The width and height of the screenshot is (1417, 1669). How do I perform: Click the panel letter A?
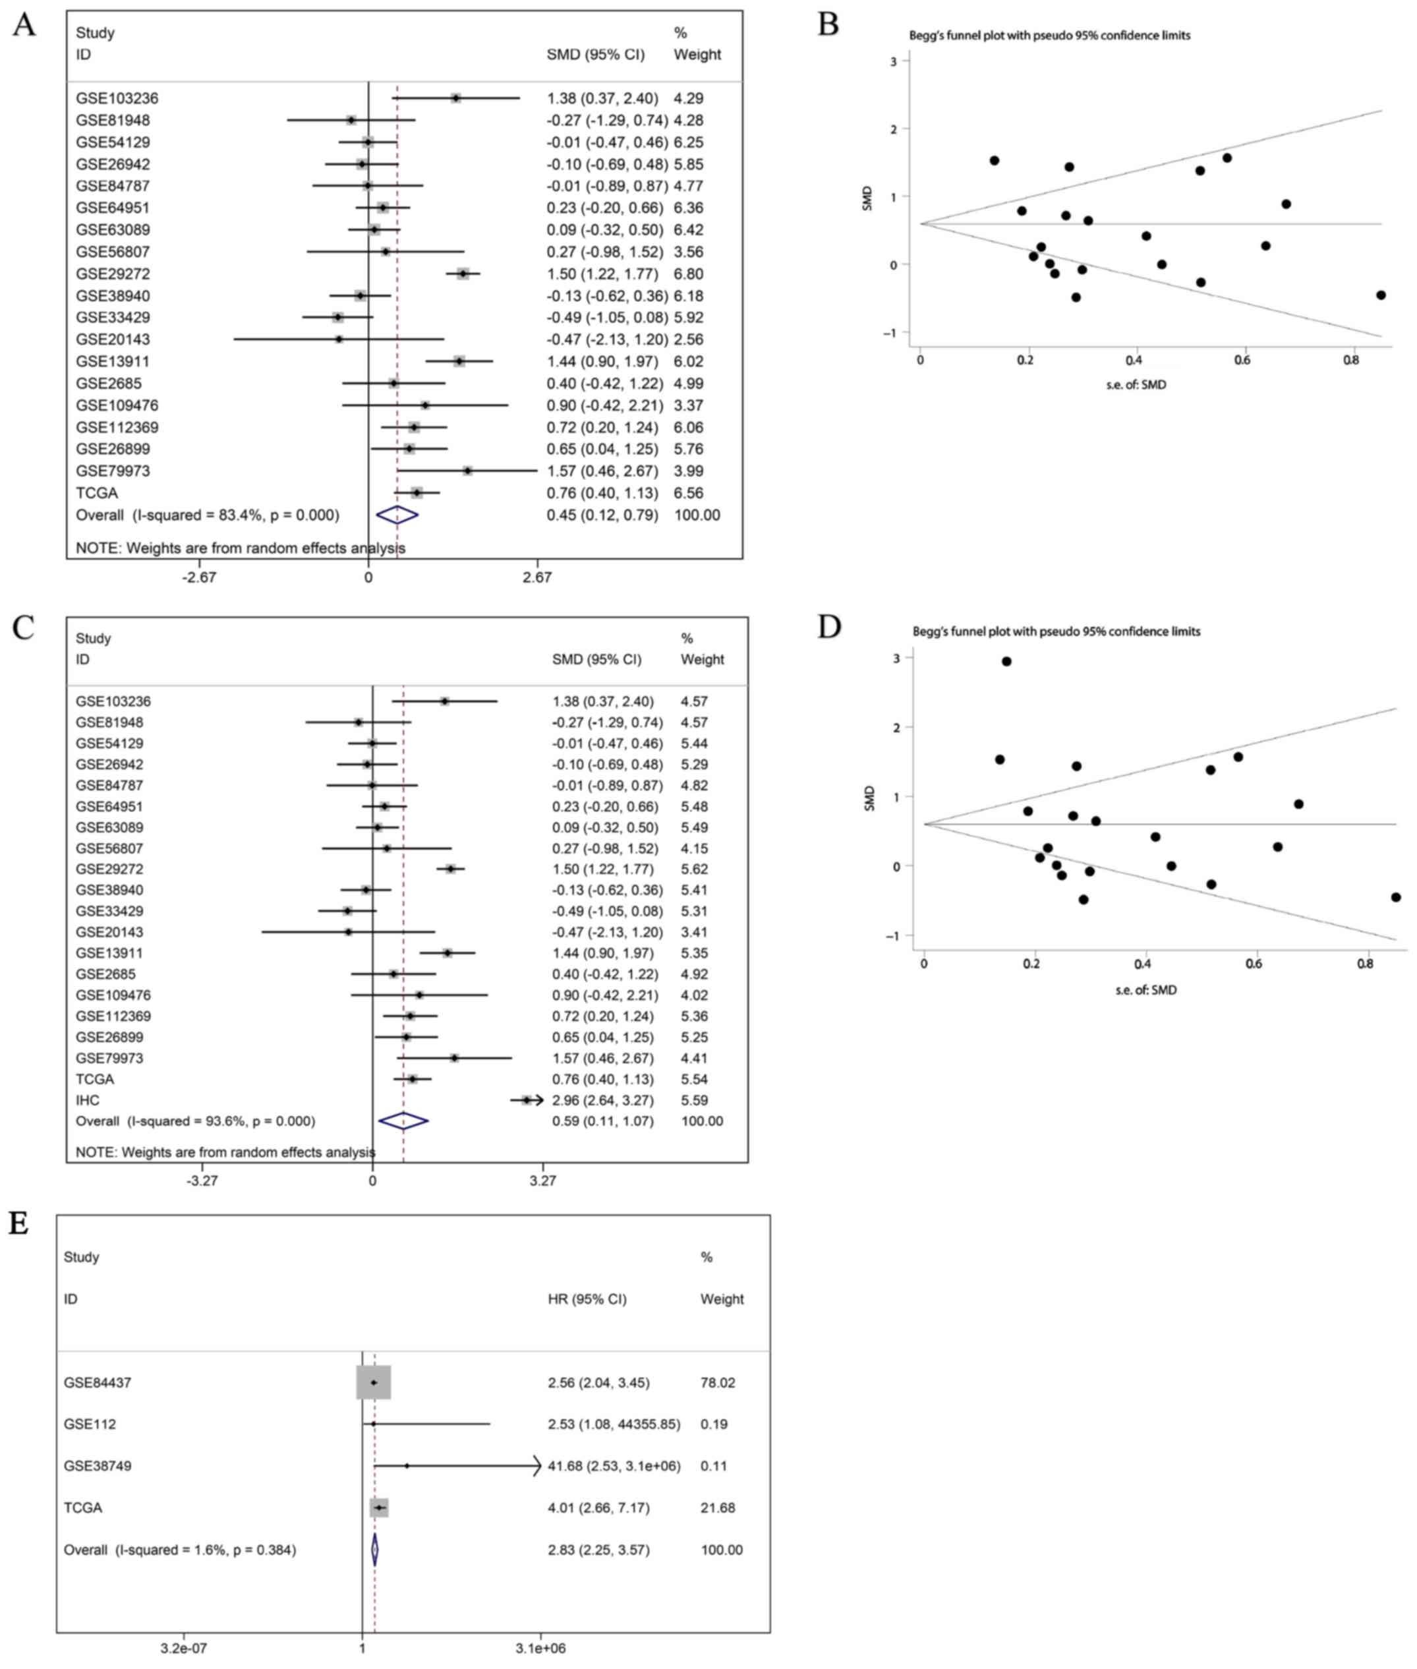(x=24, y=26)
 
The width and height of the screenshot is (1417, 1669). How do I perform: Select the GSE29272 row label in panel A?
(x=113, y=274)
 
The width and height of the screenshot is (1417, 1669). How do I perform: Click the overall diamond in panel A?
(x=397, y=515)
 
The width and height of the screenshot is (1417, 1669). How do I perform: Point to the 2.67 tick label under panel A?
(x=536, y=577)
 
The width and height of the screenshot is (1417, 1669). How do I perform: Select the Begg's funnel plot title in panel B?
(x=1049, y=36)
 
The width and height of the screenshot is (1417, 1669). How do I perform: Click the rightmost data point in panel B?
(x=1381, y=295)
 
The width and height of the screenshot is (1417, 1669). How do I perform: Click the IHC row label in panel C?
(x=88, y=1100)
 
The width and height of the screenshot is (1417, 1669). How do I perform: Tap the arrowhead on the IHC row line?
(x=538, y=1100)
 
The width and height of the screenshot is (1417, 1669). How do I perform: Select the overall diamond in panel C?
(x=403, y=1121)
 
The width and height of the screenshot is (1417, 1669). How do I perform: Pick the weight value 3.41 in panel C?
(x=694, y=933)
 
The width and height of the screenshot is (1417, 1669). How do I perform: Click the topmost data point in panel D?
(x=1006, y=661)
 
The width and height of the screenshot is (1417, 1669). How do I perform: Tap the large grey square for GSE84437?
(x=374, y=1382)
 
